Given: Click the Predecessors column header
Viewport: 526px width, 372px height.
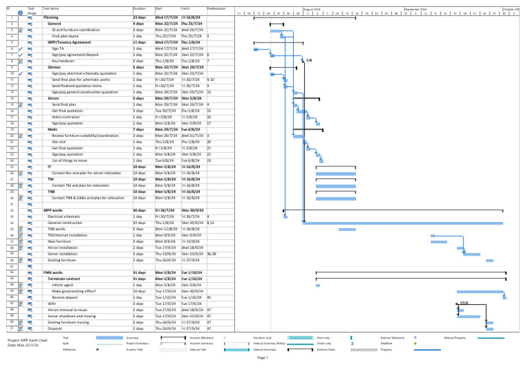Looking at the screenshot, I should [218, 8].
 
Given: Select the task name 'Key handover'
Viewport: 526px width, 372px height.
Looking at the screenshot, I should [63, 61].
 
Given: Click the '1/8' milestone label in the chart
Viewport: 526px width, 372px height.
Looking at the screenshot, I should [309, 61].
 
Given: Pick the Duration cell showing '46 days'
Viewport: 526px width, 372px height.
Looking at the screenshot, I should [139, 210].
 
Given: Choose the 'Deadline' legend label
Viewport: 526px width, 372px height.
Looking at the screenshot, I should [387, 343].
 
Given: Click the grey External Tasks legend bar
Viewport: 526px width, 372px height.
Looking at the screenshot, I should [364, 349].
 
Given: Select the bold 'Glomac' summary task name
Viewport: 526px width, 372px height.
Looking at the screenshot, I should [54, 67].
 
